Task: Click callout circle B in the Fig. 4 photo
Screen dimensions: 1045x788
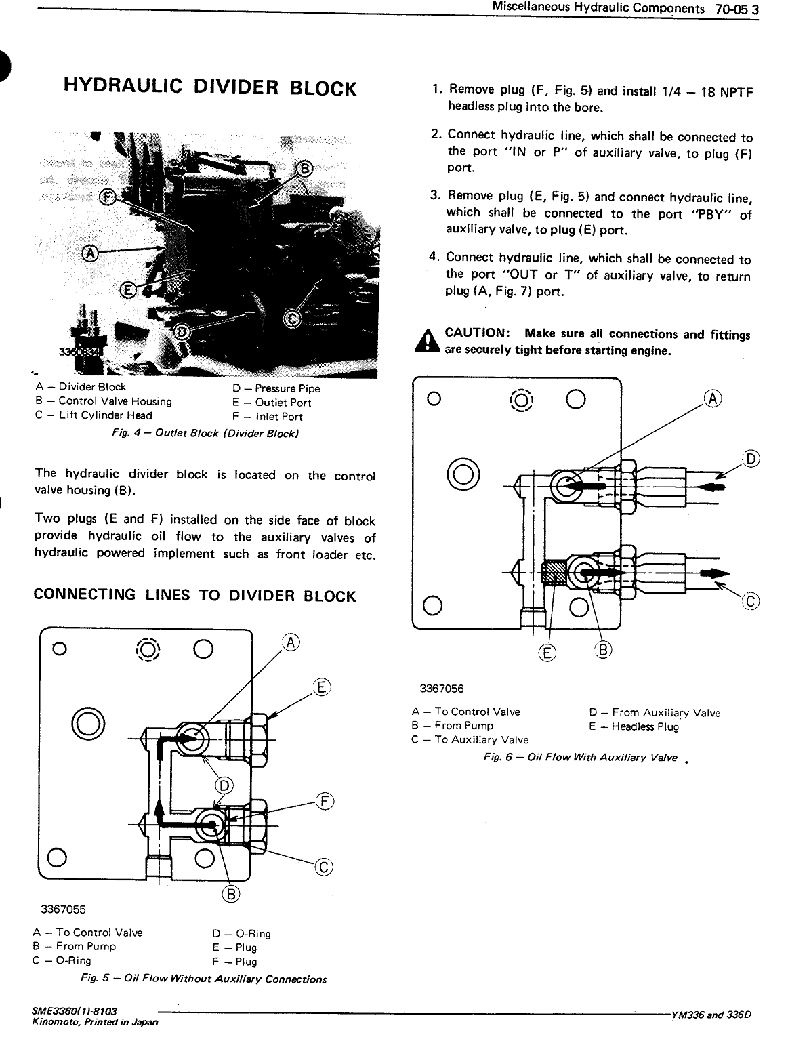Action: click(304, 168)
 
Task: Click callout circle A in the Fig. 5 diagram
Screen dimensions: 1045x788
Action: click(291, 642)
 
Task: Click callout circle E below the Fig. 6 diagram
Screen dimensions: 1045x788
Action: click(546, 652)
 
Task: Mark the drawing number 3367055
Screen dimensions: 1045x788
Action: click(62, 909)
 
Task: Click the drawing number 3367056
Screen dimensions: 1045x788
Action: click(441, 689)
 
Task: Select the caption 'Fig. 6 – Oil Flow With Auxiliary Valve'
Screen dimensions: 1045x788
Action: click(580, 758)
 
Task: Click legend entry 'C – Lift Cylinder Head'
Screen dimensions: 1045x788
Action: click(94, 415)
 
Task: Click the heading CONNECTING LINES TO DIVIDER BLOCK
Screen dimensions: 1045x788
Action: click(194, 596)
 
